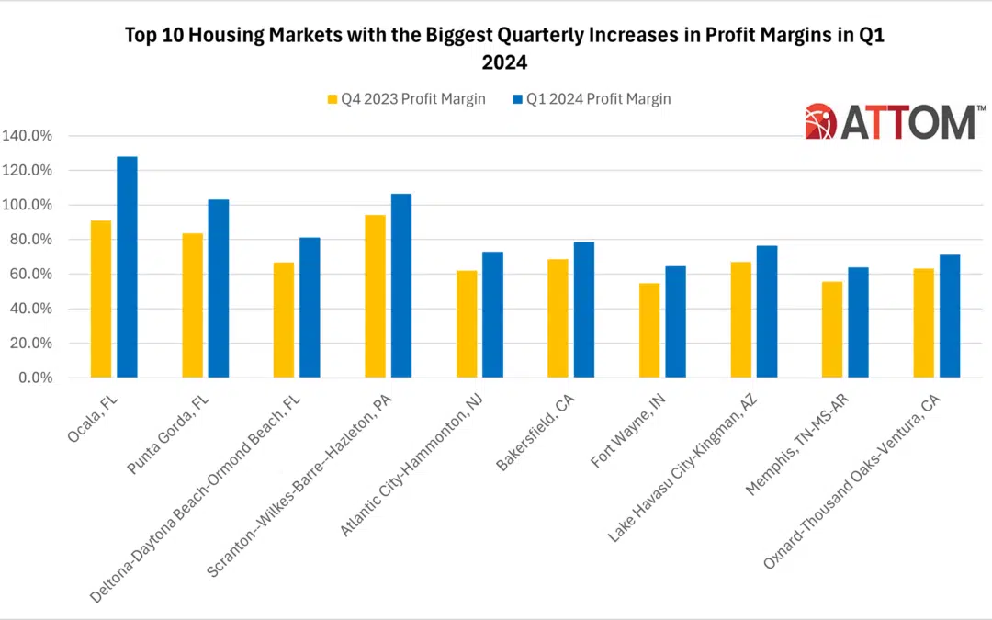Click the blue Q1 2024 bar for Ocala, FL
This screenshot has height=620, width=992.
pyautogui.click(x=127, y=267)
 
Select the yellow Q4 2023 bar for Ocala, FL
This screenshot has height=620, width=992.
pyautogui.click(x=101, y=299)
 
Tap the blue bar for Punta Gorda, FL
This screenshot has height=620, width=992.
pyautogui.click(x=219, y=288)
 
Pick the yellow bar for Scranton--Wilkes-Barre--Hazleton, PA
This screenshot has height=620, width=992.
pyautogui.click(x=375, y=296)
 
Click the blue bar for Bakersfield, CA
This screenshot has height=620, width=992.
pyautogui.click(x=584, y=310)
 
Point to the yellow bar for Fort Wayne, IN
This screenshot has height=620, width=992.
pyautogui.click(x=649, y=331)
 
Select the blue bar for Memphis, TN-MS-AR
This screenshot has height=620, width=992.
pyautogui.click(x=859, y=322)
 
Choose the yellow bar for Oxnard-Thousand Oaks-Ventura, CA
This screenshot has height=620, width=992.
pyautogui.click(x=924, y=323)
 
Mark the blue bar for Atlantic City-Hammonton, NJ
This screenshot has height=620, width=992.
pyautogui.click(x=493, y=315)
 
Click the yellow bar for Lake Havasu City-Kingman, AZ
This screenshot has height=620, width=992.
pyautogui.click(x=741, y=321)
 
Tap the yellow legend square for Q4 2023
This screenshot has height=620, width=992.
pyautogui.click(x=333, y=99)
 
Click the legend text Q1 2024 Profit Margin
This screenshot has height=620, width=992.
pyautogui.click(x=599, y=99)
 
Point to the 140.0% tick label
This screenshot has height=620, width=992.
pyautogui.click(x=28, y=135)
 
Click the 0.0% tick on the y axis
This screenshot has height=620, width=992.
pyautogui.click(x=36, y=378)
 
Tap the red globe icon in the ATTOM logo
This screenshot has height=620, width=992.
pyautogui.click(x=820, y=121)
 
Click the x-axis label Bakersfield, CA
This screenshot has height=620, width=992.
pyautogui.click(x=535, y=433)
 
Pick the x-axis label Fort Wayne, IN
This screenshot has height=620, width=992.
pyautogui.click(x=627, y=431)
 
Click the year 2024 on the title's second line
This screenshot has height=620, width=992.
pyautogui.click(x=504, y=62)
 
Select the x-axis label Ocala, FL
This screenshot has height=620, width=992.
pyautogui.click(x=93, y=418)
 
